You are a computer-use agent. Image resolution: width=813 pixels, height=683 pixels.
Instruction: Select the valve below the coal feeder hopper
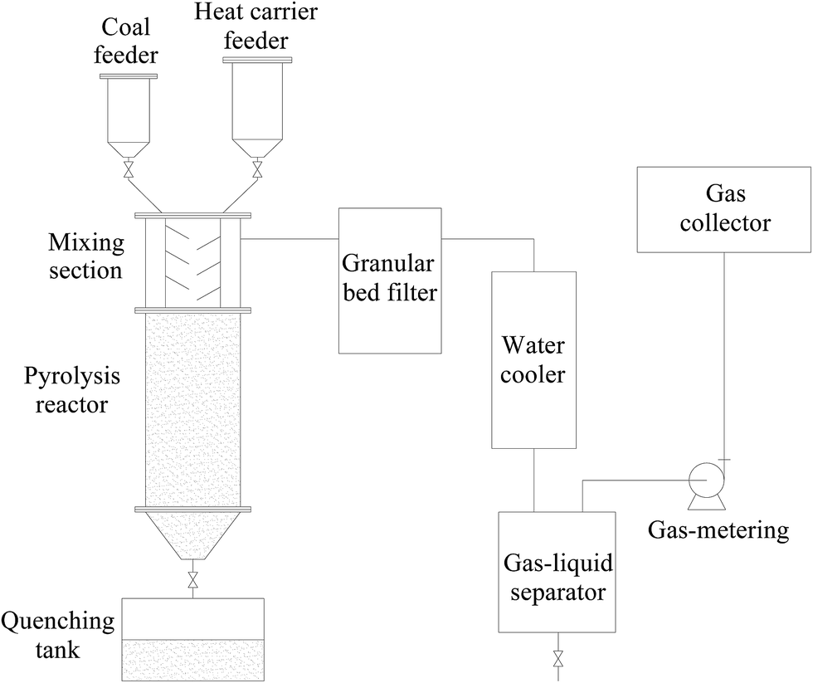point(129,172)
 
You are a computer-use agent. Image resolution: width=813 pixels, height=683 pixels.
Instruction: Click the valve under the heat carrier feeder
point(258,172)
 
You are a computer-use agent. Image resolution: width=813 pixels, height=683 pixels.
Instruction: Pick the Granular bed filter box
point(389,280)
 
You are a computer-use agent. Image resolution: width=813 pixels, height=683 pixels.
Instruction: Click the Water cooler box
point(534,359)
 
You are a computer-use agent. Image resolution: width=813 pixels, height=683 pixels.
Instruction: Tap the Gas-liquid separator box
point(557,572)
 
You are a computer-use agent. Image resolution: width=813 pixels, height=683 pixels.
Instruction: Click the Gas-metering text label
point(718,529)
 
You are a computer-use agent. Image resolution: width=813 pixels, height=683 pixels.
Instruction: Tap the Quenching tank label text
point(58,635)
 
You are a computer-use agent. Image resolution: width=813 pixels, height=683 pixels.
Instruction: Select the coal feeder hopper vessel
point(129,116)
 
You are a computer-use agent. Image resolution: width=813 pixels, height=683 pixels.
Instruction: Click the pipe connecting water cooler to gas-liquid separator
point(534,481)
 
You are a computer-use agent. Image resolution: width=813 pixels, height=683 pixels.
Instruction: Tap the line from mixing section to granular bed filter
point(290,239)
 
